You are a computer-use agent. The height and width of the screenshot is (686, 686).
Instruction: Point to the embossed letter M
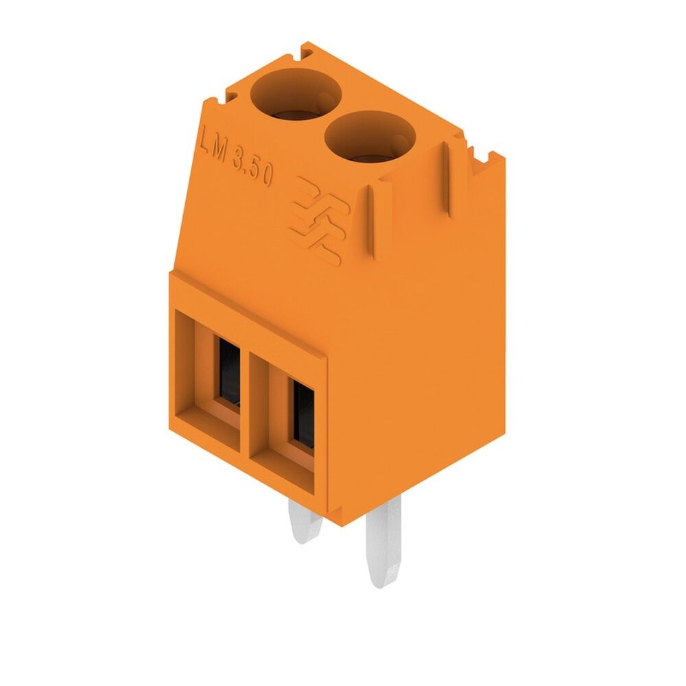point(220,152)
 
